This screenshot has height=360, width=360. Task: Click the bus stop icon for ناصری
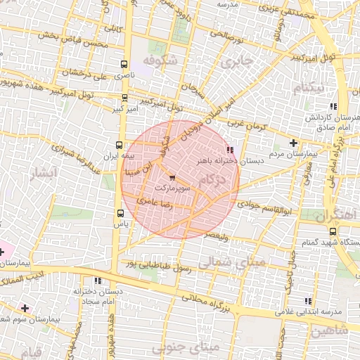tap(125, 63)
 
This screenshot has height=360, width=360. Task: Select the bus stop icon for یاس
tap(119, 213)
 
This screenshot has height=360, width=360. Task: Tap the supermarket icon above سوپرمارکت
tap(172, 179)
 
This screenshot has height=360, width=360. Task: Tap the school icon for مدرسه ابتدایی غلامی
tap(307, 301)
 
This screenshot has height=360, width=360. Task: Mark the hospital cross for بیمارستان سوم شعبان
tap(26, 308)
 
